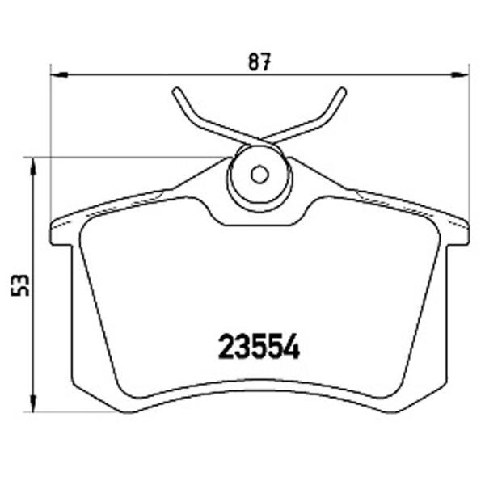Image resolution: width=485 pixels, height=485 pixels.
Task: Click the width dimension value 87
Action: coord(259,61)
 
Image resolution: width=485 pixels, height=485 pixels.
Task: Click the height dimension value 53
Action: coord(20,285)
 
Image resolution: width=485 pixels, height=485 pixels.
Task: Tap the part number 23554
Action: coord(259,346)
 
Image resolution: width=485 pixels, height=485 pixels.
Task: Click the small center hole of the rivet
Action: coord(259,175)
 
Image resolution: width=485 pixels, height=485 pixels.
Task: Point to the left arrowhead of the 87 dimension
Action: coord(59,74)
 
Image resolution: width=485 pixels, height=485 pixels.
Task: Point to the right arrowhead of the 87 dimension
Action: coord(461,74)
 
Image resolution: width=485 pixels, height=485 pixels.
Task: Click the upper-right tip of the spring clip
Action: coord(342,91)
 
